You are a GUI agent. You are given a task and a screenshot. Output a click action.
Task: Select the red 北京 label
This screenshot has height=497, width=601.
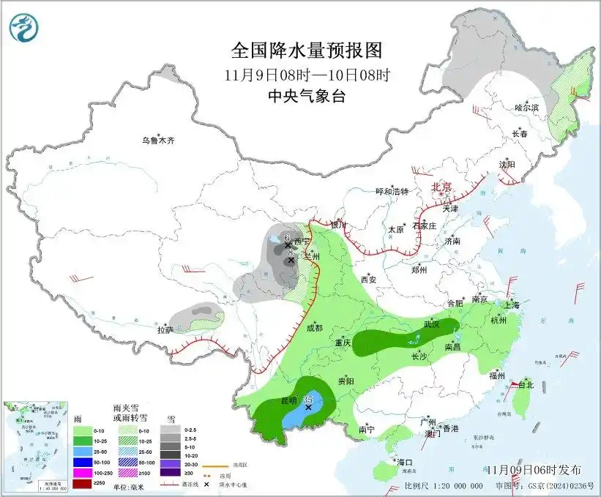[x=442, y=187]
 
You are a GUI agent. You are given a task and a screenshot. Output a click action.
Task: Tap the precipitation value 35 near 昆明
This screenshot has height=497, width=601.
[x=308, y=399]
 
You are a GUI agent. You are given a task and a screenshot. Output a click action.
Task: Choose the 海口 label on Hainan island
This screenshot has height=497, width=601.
[x=406, y=463]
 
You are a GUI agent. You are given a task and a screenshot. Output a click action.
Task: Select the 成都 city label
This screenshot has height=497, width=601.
[x=315, y=329]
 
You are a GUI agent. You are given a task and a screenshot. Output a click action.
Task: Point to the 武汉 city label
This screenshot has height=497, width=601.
[x=432, y=324]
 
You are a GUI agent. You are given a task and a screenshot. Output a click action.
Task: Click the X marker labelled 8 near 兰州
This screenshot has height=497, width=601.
[x=291, y=260]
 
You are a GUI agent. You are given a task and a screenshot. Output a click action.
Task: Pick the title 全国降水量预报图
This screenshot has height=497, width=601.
[x=307, y=51]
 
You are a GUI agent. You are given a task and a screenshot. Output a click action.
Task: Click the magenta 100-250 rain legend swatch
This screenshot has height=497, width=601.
[x=83, y=474]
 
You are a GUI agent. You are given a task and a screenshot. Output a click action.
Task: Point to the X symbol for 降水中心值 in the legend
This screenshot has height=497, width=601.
[x=207, y=485]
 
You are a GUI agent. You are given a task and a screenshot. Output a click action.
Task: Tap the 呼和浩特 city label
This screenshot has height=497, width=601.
[x=392, y=191]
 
